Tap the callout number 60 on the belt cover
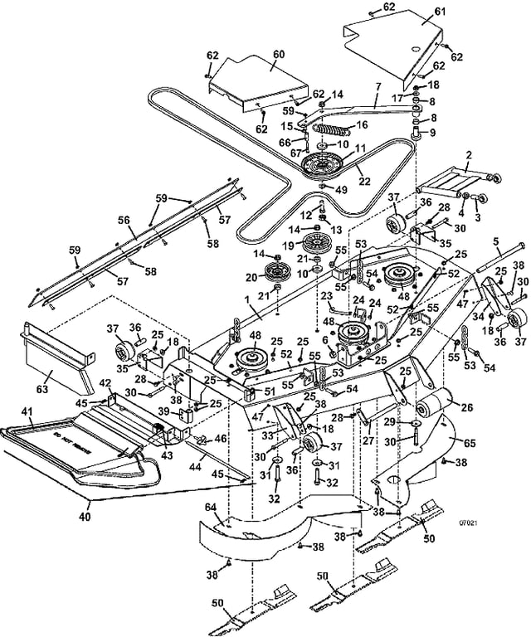pos(279,53)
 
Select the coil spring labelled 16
pos(329,132)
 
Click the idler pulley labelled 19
pos(315,246)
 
